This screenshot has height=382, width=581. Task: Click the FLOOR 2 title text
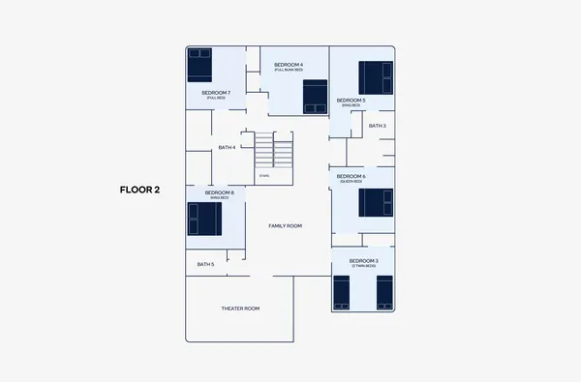139,190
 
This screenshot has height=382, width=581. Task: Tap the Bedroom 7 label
216,94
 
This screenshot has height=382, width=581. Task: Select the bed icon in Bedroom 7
199,65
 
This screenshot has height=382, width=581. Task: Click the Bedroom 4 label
289,66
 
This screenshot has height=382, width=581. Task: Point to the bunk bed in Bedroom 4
316,97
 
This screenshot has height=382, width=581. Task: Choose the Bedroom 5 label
351,102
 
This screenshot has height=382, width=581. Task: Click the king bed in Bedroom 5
376,77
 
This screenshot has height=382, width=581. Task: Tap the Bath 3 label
377,126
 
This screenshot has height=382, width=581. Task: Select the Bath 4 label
227,147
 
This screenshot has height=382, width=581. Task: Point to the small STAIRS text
263,175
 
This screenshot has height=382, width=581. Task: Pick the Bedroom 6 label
351,178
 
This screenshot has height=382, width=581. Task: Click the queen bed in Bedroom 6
376,203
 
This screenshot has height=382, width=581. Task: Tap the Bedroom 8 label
219,193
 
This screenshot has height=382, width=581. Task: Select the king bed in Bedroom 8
204,219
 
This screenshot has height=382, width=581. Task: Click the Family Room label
286,225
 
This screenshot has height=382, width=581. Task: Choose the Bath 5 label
205,264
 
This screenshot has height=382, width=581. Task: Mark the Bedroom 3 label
363,262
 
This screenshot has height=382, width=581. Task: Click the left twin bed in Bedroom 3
341,293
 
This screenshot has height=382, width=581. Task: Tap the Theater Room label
240,309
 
